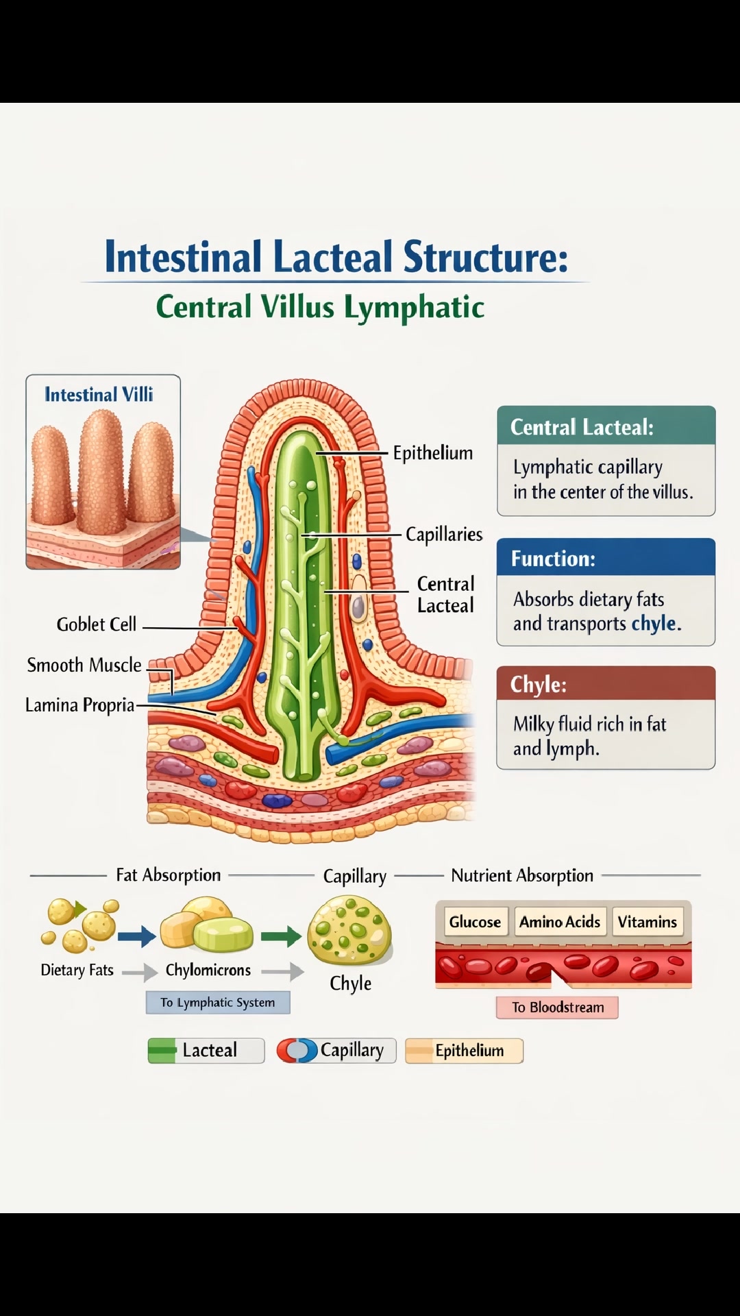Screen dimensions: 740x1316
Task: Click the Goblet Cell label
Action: pos(97,624)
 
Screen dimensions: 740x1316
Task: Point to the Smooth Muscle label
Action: pos(84,665)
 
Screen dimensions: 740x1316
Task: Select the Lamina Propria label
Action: pos(79,705)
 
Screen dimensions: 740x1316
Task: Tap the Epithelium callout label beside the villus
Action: pos(432,453)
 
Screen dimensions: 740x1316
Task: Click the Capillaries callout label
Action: pos(444,534)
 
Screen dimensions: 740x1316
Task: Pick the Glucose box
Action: pos(475,922)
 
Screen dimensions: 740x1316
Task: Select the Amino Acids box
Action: pos(560,922)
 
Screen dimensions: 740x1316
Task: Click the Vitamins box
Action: pos(647,922)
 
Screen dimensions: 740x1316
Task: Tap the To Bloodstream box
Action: pos(557,1008)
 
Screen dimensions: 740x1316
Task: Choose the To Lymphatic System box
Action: pos(218,1002)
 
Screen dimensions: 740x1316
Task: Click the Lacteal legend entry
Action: pos(206,1050)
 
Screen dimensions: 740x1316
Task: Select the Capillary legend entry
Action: pos(336,1050)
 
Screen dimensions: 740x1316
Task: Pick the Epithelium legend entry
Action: pos(464,1050)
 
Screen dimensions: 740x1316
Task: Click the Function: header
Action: pos(554,559)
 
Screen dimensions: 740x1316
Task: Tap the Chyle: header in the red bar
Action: pos(539,685)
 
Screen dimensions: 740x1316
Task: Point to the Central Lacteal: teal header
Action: pos(582,427)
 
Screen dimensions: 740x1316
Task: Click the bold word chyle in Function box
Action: pos(654,624)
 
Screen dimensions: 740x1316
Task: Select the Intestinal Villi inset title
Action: pos(99,395)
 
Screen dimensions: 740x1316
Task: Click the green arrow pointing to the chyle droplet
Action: pos(282,936)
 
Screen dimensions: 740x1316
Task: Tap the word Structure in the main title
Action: pos(485,257)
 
